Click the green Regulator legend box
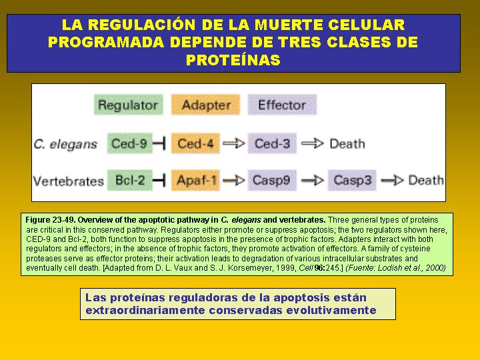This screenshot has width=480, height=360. coord(129,105)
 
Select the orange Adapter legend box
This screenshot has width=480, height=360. coord(206,105)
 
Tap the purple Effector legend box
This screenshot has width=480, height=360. coord(282,105)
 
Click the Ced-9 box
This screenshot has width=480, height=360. coord(130,143)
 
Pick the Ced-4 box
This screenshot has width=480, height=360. coord(195,143)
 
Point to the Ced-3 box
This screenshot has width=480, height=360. coord(272,143)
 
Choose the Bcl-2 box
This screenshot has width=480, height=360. coord(130,180)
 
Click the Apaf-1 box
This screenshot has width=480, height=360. coord(195,180)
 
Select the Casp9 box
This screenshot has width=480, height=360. coord(272,180)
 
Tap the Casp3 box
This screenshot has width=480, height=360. coord(352,180)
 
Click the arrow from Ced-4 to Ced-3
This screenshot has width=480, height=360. coord(234,143)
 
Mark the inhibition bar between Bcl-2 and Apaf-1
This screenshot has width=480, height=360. coord(159,180)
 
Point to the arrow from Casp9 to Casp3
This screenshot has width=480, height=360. coord(312,180)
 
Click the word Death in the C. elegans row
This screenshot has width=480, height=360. coord(347,144)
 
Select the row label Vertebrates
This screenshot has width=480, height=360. coord(69,181)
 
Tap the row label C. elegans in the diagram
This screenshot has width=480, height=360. coord(65,144)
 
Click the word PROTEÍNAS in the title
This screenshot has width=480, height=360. coord(233,60)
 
